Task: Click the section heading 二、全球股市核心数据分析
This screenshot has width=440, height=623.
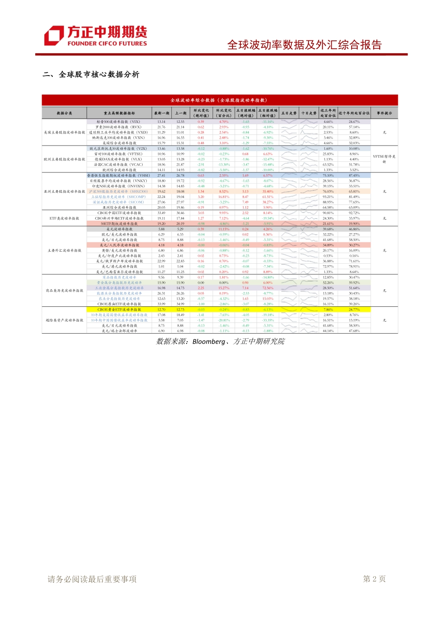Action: click(x=91, y=75)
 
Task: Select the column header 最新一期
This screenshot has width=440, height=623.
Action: click(x=162, y=113)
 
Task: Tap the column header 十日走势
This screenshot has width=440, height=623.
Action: click(x=308, y=113)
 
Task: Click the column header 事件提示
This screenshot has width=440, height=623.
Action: click(x=384, y=113)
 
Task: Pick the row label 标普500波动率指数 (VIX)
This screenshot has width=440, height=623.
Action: click(x=118, y=122)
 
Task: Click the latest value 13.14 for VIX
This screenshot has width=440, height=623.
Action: click(x=161, y=122)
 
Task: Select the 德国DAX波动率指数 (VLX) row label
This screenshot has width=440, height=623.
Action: click(x=119, y=159)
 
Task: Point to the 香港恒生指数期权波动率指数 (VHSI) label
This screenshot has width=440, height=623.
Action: click(x=119, y=176)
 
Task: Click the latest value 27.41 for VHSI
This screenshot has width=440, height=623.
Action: click(x=161, y=176)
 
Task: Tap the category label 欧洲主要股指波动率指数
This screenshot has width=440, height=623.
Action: click(x=64, y=159)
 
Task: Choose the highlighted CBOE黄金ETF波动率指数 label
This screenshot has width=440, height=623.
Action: click(x=119, y=310)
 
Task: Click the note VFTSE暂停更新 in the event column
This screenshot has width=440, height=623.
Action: click(x=384, y=159)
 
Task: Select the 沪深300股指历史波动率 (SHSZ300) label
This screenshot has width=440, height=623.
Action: click(x=119, y=191)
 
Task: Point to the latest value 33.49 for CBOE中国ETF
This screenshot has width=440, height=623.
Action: click(x=161, y=213)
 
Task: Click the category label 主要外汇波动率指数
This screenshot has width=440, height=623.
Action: click(x=64, y=250)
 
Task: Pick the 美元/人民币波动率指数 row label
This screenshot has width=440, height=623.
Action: click(x=119, y=245)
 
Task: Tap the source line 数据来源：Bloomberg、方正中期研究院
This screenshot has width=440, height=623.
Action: click(x=220, y=342)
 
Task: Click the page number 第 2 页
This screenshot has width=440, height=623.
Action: click(x=374, y=579)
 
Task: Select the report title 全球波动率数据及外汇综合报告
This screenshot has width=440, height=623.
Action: click(x=304, y=45)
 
